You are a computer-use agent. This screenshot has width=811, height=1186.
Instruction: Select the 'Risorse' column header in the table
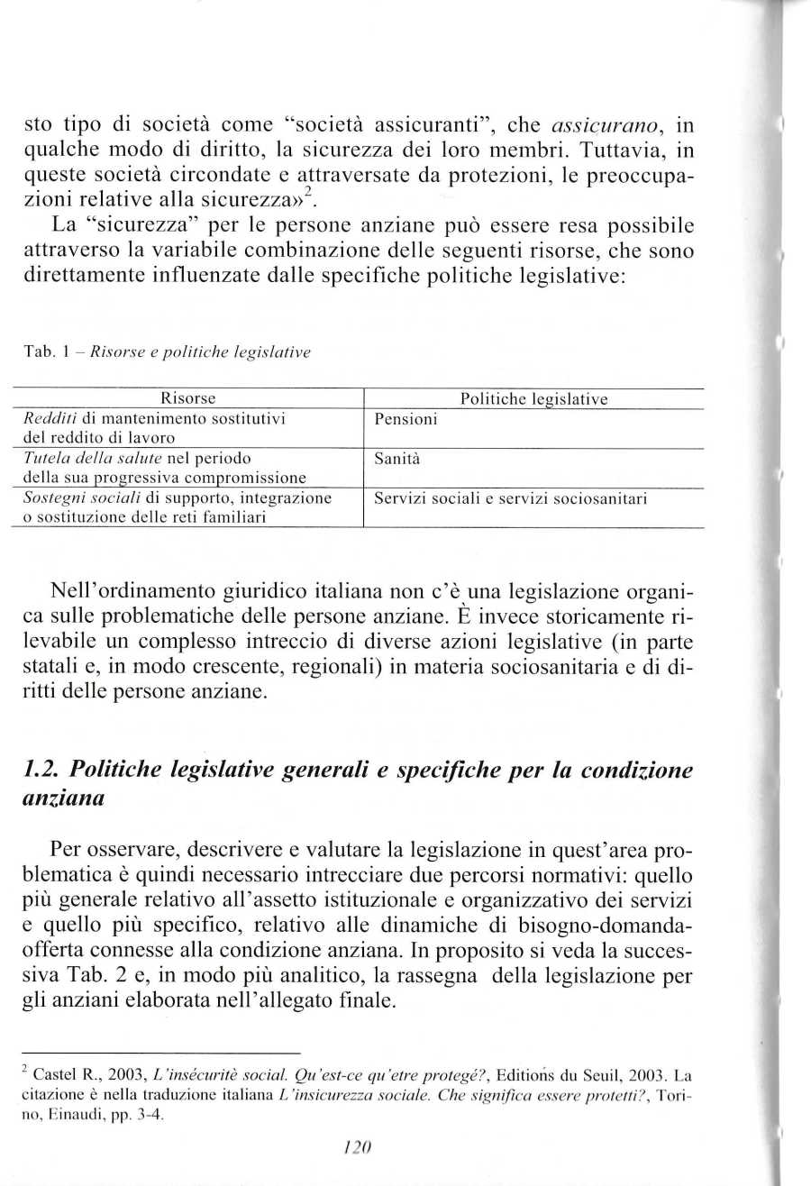[x=187, y=398]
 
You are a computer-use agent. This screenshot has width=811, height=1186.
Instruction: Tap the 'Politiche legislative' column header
[x=533, y=398]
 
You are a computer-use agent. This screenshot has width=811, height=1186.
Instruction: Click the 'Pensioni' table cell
[x=405, y=419]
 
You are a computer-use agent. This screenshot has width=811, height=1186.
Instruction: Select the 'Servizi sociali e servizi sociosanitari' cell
[x=510, y=498]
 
